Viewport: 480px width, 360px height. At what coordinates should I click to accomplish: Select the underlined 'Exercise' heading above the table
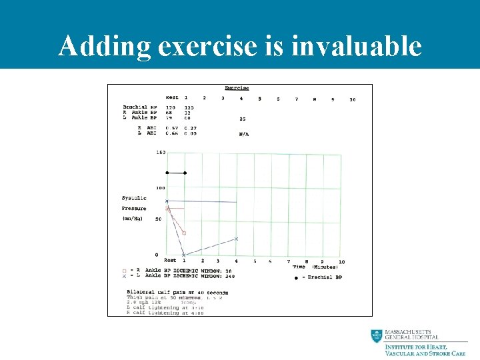pos(237,88)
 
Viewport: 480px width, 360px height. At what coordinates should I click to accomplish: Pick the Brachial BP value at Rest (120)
pos(171,107)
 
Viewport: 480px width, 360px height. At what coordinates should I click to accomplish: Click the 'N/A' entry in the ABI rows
pos(244,134)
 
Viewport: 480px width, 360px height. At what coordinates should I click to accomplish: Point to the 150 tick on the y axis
pos(161,153)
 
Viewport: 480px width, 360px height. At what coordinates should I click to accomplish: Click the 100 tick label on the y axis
pos(161,188)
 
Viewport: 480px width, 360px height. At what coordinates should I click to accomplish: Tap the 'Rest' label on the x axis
pos(170,261)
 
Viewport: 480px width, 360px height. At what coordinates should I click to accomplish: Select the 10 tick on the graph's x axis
pos(341,261)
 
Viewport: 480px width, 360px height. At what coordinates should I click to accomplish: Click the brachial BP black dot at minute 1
pos(185,173)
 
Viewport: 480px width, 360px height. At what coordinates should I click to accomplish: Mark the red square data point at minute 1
pos(184,233)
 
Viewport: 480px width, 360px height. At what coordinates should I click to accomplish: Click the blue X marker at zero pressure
pos(184,255)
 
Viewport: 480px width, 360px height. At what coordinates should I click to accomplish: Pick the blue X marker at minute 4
pos(236,239)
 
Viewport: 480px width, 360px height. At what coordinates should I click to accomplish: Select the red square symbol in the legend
pos(124,271)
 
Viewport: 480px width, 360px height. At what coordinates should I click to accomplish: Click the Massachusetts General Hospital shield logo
pos(377,337)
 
